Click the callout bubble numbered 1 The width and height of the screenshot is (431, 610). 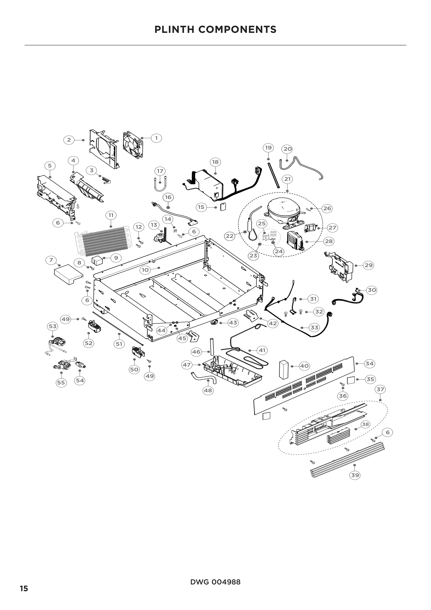point(156,138)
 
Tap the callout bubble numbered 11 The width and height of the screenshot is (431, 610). point(111,215)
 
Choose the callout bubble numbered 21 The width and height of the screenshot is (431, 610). point(287,179)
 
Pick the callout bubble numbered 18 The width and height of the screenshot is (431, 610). point(215,162)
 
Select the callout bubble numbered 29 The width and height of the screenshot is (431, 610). point(368,265)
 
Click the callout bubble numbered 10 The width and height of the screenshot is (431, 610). point(145,270)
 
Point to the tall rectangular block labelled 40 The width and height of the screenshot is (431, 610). point(284,369)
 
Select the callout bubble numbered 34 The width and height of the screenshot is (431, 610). point(370,364)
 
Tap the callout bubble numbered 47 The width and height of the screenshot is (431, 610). point(187,365)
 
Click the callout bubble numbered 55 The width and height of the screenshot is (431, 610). point(61,383)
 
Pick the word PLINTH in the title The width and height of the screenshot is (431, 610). point(174,29)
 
